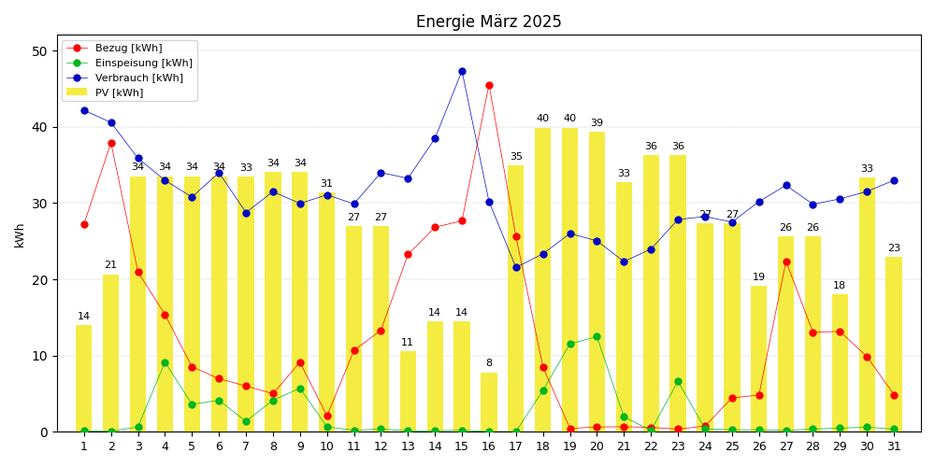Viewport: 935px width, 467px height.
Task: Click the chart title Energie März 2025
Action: click(488, 21)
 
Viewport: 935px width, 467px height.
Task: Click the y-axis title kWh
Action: click(20, 234)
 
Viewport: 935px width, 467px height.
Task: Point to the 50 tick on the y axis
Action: click(39, 51)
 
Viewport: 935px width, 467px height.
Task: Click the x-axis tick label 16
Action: click(489, 446)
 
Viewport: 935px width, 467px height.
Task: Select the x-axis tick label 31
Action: click(894, 446)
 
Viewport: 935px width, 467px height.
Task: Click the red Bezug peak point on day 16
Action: click(489, 85)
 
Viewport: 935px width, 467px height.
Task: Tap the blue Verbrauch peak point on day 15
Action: click(462, 71)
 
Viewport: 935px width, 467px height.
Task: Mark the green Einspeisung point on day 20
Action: click(597, 336)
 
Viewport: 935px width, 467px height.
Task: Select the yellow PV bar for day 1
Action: click(84, 378)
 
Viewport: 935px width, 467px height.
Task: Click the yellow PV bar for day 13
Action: click(408, 391)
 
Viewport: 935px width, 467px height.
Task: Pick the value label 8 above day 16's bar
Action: click(489, 363)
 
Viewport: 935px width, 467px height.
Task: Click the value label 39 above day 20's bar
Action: click(597, 123)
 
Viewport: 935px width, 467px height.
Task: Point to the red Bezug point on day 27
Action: click(786, 262)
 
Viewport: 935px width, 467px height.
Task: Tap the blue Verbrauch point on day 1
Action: click(84, 110)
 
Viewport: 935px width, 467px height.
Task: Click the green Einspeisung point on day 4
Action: click(165, 362)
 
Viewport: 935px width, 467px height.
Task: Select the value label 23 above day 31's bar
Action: click(894, 248)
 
